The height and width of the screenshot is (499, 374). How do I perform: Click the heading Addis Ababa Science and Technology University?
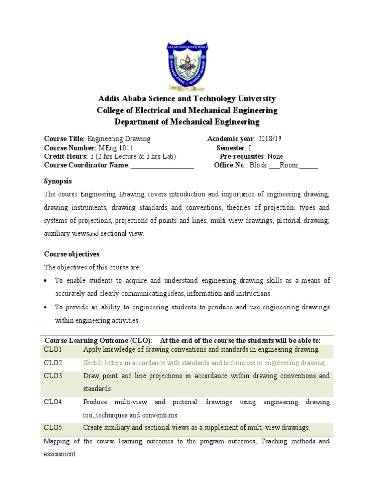[187, 99]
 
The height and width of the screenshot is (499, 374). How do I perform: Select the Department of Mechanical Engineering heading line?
[187, 122]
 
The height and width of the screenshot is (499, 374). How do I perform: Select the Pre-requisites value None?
[275, 156]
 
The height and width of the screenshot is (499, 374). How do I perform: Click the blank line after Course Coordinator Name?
[163, 166]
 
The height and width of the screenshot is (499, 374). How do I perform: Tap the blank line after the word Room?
[309, 166]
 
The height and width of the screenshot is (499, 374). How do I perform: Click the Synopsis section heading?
[58, 181]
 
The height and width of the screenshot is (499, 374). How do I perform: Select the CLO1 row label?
[53, 350]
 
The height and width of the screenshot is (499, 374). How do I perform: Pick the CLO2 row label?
[53, 363]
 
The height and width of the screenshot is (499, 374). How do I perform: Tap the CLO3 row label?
[53, 376]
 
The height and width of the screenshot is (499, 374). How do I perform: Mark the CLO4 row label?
[53, 403]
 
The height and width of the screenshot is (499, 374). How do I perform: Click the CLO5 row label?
[53, 428]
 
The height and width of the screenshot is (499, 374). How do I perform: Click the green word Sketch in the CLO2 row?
[93, 363]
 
